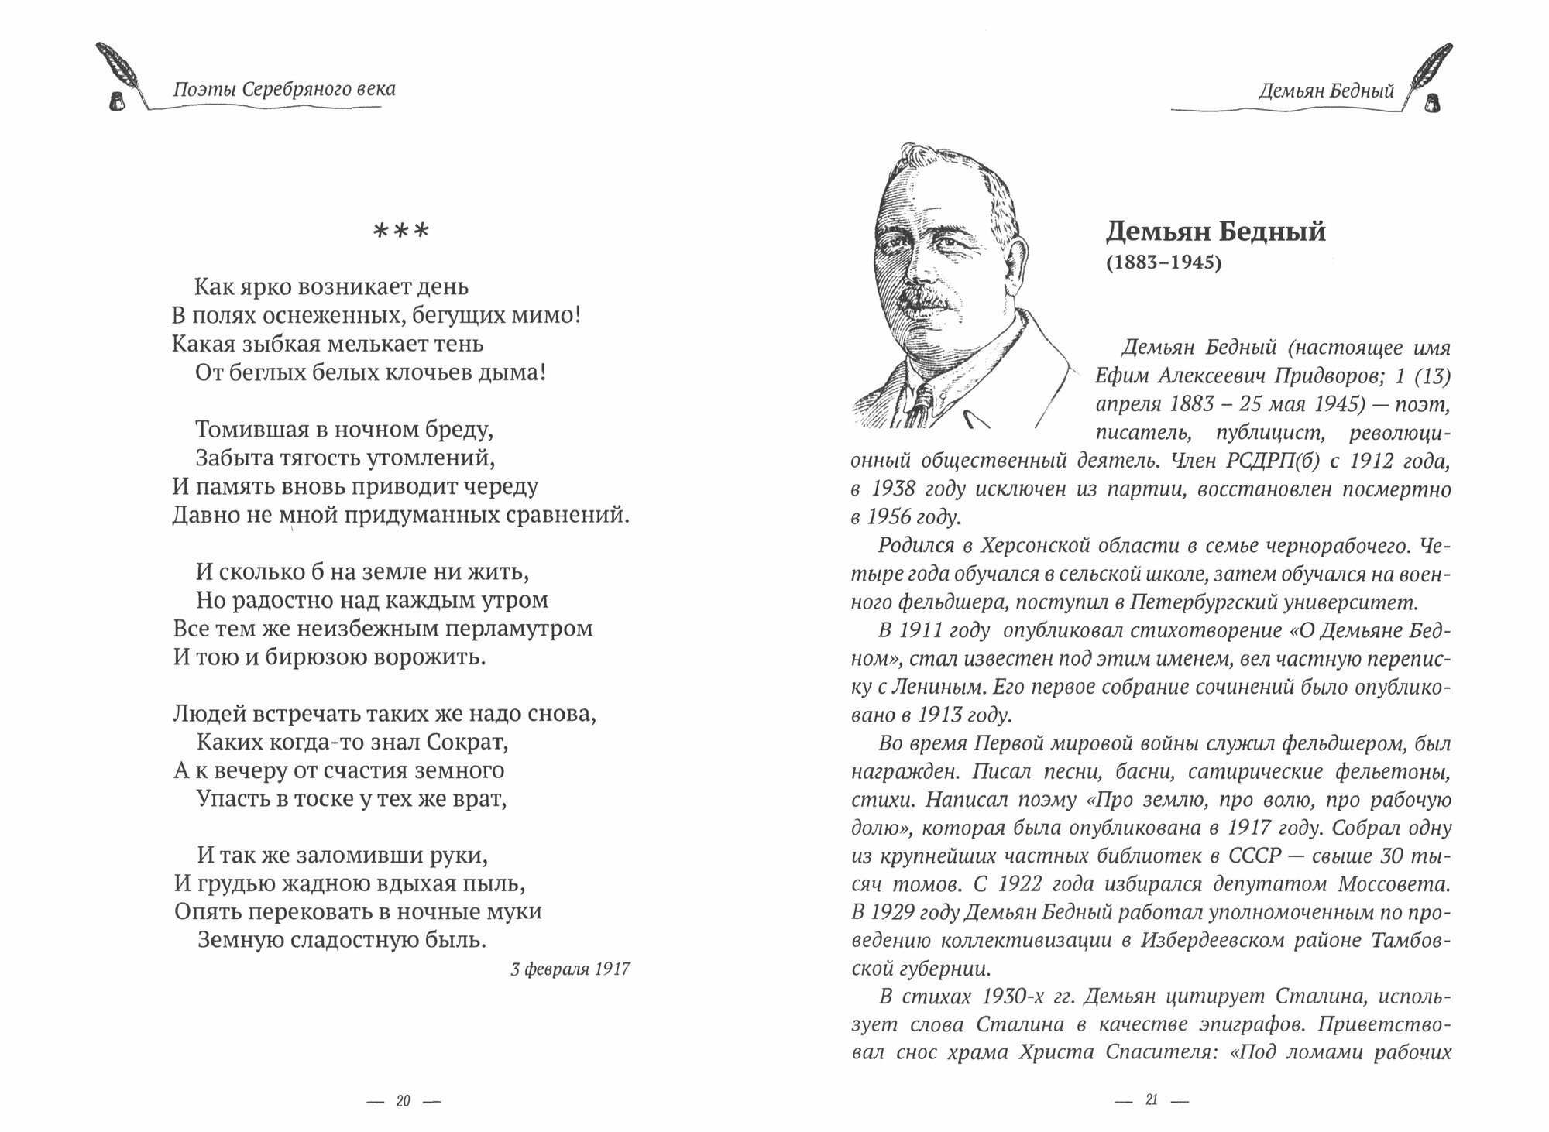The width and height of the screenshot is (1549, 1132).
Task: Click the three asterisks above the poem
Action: [400, 232]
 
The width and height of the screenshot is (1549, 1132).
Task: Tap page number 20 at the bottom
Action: [403, 1101]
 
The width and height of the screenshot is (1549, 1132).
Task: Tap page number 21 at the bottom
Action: [1151, 1100]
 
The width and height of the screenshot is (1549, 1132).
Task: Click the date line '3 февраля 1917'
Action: [571, 969]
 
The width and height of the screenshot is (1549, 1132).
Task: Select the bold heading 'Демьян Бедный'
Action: [1215, 232]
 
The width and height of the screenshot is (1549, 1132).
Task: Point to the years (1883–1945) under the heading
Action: [1163, 263]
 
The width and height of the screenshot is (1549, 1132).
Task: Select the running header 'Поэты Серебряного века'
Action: [284, 89]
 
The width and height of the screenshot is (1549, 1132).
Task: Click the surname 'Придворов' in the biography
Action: [1338, 376]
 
